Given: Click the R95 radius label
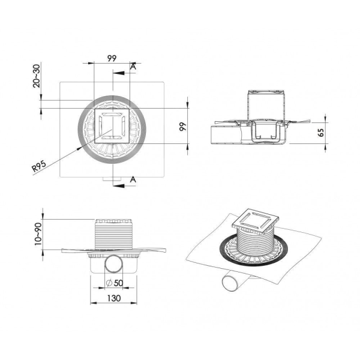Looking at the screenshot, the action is (x=39, y=166).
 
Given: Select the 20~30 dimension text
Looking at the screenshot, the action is (x=37, y=76).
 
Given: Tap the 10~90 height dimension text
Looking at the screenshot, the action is (x=38, y=234).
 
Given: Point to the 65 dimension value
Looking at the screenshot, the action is (x=321, y=133).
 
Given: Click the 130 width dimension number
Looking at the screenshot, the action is (x=114, y=298).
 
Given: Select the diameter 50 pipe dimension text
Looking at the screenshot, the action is (x=115, y=283).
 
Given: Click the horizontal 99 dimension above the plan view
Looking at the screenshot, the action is (x=112, y=59).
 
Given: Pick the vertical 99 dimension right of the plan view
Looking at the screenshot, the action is (x=183, y=127).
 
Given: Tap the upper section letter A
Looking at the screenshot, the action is (x=133, y=67).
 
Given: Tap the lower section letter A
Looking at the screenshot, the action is (x=133, y=179).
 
